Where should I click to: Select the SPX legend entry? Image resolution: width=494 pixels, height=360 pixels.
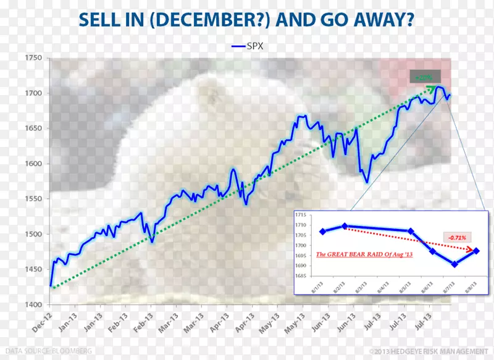coord(246,46)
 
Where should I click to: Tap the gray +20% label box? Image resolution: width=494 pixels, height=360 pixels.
coord(424,77)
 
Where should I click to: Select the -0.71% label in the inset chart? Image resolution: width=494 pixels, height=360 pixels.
coord(458,237)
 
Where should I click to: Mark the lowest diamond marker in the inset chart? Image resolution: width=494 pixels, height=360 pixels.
coord(454,264)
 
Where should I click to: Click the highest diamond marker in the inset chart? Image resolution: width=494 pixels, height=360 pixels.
coord(345,226)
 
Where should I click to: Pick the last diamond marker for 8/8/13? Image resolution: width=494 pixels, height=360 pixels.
coord(476,251)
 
